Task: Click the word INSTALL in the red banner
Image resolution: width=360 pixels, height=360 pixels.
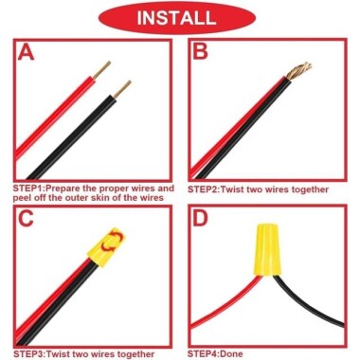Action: pos(180,18)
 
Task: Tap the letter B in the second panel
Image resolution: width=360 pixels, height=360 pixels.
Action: pos(200,52)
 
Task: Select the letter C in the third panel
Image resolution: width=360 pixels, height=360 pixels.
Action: pos(27,219)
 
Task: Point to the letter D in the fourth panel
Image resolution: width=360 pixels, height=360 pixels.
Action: pos(201,219)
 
